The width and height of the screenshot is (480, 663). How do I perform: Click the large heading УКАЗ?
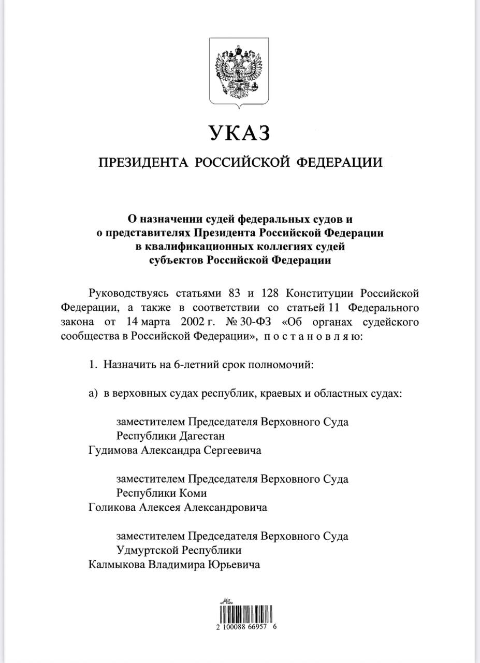[x=240, y=133]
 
